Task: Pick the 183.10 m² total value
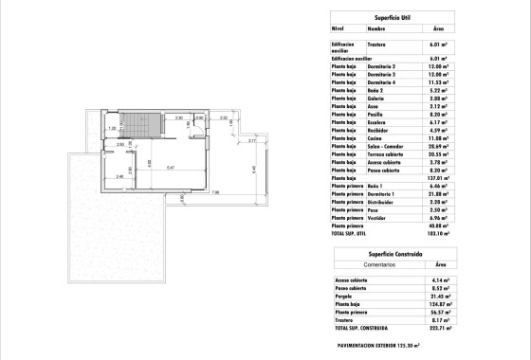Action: click(437, 232)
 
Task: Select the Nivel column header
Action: click(337, 28)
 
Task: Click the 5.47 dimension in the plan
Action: click(171, 167)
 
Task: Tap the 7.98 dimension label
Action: click(215, 192)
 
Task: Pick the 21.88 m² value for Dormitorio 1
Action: click(437, 194)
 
